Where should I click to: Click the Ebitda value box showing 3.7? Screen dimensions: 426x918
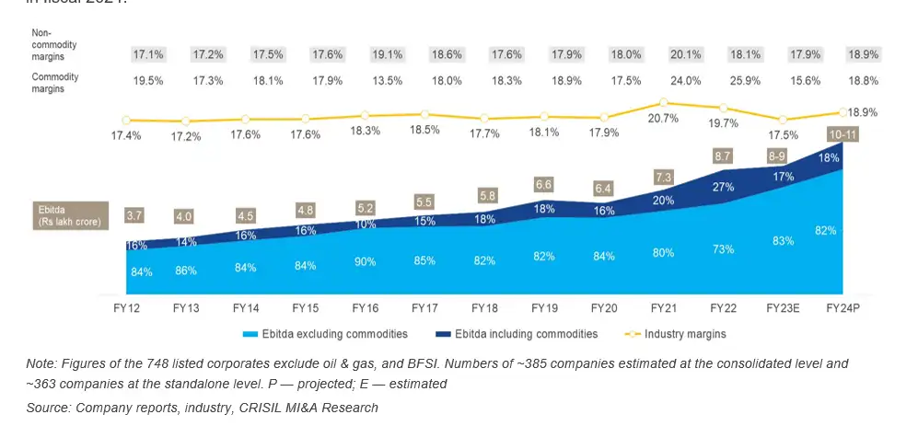[x=134, y=216]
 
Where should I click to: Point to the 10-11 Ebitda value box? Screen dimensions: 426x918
[x=842, y=134]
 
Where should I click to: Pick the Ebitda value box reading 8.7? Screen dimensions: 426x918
[x=723, y=156]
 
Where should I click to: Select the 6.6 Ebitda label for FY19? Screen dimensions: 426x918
[x=544, y=185]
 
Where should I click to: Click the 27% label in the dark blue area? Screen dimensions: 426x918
[x=723, y=187]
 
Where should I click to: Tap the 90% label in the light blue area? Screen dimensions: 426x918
[x=365, y=262]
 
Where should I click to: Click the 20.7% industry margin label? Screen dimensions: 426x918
[x=663, y=119]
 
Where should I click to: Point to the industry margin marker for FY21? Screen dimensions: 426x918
[x=663, y=102]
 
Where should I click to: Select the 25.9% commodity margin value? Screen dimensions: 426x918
[x=723, y=80]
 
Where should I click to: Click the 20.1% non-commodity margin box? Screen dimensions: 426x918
[x=663, y=54]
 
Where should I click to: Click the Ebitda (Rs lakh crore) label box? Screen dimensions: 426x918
[x=64, y=216]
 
